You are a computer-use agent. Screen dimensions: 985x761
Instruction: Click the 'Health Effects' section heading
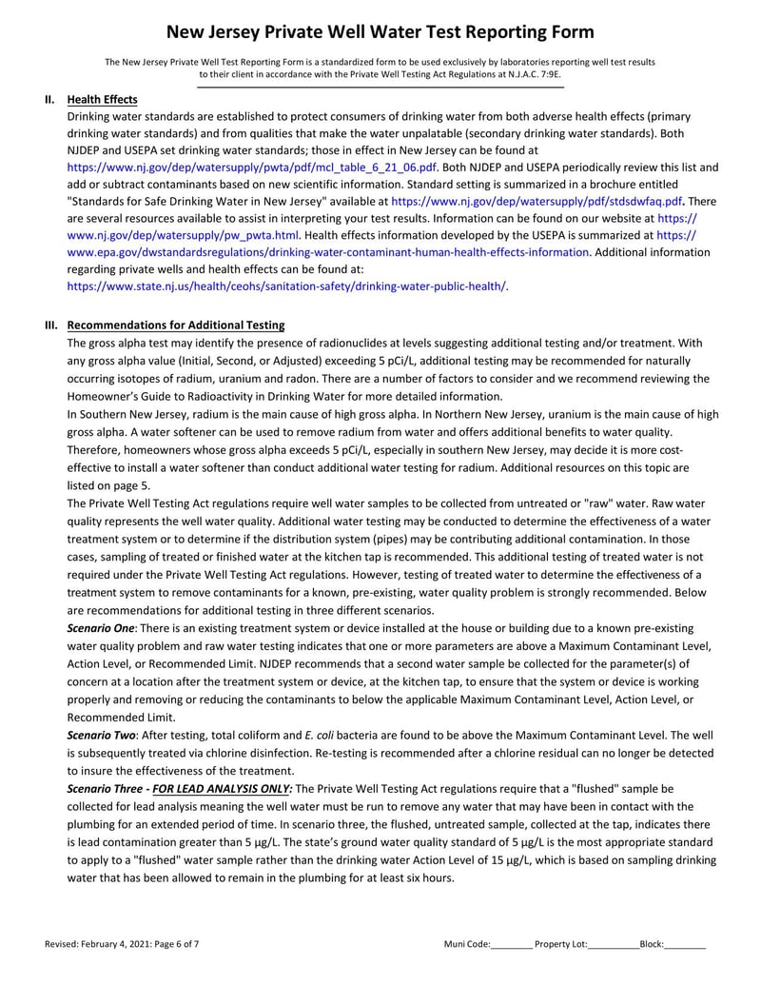(x=102, y=100)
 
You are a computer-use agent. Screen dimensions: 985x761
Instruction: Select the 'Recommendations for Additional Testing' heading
(x=176, y=325)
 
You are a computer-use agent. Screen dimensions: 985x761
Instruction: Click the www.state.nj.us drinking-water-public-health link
(x=286, y=286)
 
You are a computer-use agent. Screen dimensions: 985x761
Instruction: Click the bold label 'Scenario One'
(x=101, y=629)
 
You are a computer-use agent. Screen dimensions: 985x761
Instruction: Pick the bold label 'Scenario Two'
(x=101, y=735)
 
